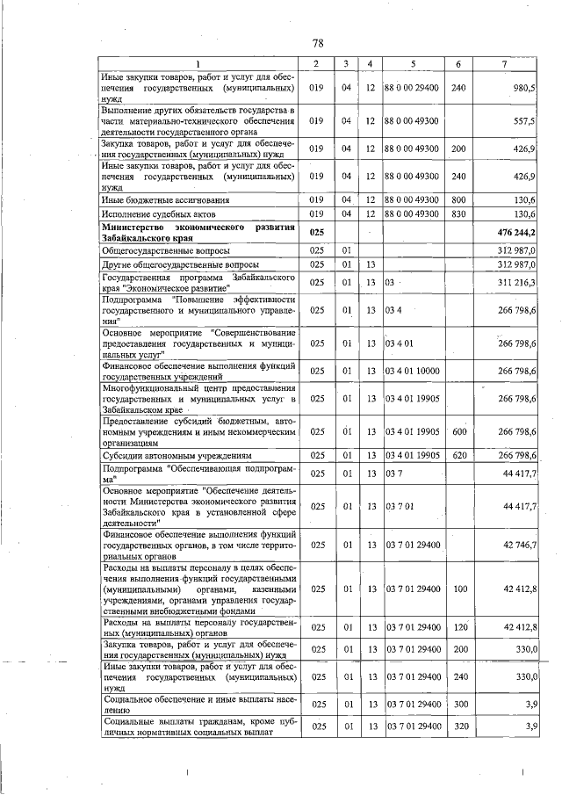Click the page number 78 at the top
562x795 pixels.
318,43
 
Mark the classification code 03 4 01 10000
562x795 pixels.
411,371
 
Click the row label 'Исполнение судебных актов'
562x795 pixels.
159,213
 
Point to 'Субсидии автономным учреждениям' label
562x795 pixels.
177,456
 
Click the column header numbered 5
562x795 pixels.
411,63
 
